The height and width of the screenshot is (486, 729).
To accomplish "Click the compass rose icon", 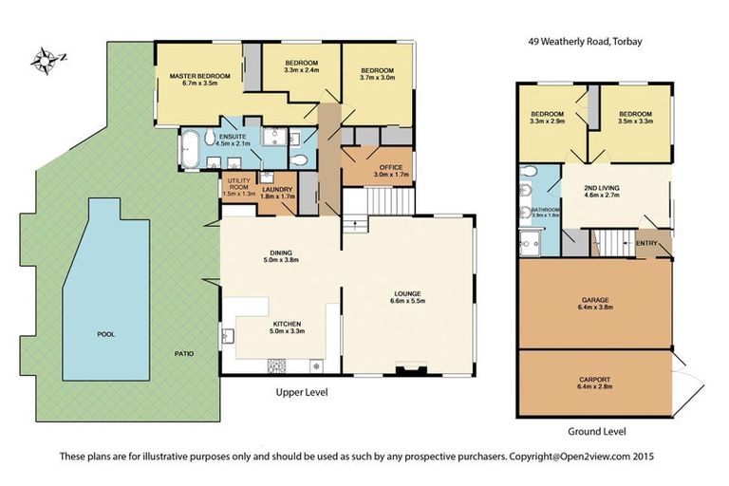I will point(47,61).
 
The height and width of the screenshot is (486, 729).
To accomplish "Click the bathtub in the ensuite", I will point(190,150).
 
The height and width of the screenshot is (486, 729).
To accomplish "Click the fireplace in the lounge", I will point(409,369).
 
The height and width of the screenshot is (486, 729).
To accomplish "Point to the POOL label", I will point(106,335).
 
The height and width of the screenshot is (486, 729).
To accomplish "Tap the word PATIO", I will point(184,354).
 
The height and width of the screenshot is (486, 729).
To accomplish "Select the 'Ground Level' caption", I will point(596,432).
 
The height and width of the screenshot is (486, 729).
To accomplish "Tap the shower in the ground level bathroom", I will point(530,242).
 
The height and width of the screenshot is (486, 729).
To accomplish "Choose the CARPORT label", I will point(595,381).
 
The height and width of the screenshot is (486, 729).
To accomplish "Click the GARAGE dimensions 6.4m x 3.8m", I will point(595,308).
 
